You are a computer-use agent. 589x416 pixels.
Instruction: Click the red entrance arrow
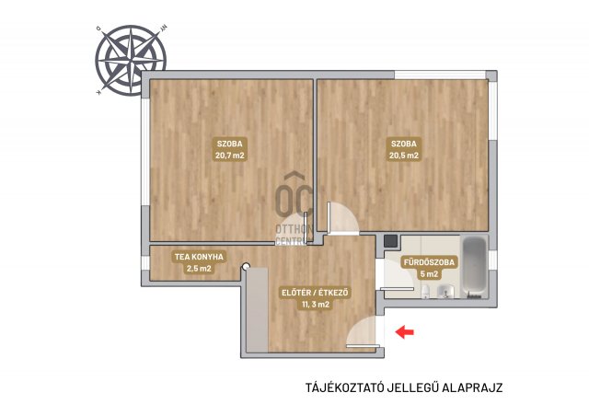(405, 331)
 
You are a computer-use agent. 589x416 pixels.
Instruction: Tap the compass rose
(131, 60)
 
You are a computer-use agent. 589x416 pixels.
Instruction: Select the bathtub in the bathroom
(475, 267)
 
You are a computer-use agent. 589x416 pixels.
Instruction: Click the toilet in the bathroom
(425, 291)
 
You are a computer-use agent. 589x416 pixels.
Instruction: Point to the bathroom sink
(445, 292)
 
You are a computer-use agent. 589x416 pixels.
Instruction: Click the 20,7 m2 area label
(229, 156)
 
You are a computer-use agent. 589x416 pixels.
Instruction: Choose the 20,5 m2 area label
(404, 156)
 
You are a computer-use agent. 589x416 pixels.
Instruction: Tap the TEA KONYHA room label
(199, 257)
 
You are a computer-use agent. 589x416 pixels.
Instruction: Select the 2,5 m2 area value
(199, 269)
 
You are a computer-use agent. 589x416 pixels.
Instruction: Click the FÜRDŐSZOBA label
(429, 262)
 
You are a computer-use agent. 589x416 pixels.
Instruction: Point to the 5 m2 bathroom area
(429, 274)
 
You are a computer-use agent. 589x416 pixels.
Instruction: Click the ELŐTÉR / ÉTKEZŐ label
(315, 293)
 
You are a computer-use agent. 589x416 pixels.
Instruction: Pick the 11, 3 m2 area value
(315, 305)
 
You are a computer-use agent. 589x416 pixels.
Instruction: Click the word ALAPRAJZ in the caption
(472, 387)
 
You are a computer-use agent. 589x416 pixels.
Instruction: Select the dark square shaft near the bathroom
(391, 241)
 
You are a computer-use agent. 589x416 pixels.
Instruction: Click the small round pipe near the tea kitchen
(246, 266)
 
